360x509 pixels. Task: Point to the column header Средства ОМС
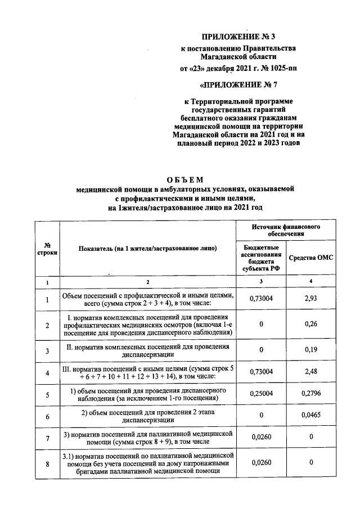(x=311, y=257)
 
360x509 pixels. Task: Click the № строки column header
(x=47, y=250)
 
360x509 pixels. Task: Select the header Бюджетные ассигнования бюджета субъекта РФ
(x=261, y=257)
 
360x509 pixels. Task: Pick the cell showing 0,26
(x=311, y=325)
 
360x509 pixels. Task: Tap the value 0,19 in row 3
(x=311, y=350)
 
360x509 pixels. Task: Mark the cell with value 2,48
(x=311, y=372)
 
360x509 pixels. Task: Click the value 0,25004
(x=261, y=394)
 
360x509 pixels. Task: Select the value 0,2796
(x=311, y=394)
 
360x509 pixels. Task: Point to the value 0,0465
(x=311, y=417)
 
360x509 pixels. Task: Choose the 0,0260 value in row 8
(x=261, y=463)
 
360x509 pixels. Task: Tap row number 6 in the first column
(x=47, y=417)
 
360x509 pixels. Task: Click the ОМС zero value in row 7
(x=311, y=439)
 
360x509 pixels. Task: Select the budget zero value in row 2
(x=261, y=325)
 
